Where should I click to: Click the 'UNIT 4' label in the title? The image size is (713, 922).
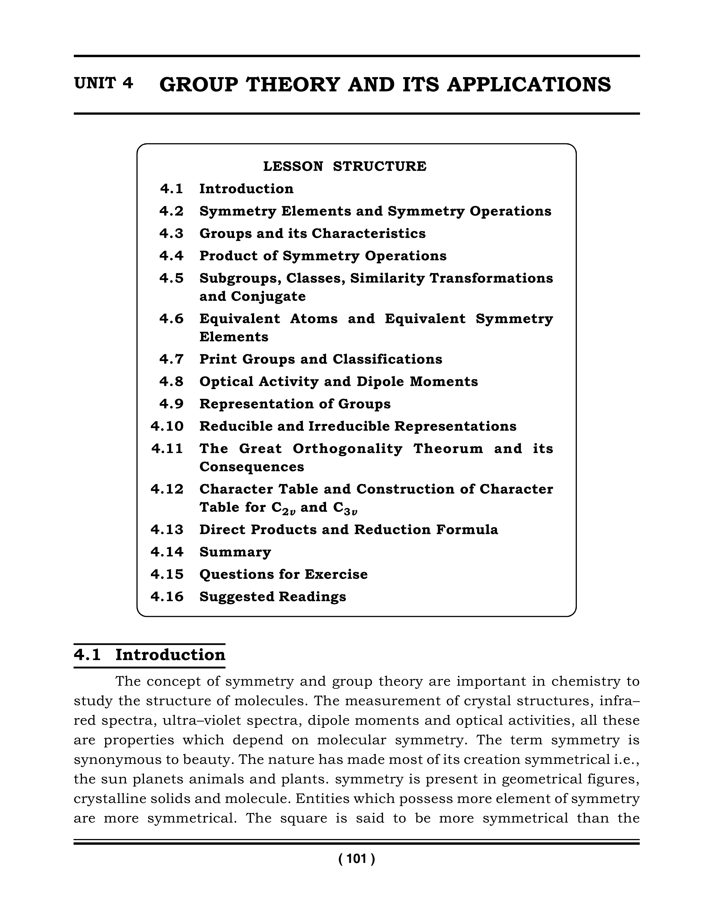coord(103,84)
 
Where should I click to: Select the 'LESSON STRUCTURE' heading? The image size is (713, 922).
coord(345,166)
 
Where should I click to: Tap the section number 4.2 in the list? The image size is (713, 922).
coord(171,211)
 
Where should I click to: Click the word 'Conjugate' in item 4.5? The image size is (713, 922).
coord(268,296)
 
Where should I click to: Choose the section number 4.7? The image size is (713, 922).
coord(171,359)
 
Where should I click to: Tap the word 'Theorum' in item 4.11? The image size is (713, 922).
coord(448,448)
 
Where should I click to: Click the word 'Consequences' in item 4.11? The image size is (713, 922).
coord(252,467)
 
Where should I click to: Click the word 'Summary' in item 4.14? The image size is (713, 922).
coord(235,552)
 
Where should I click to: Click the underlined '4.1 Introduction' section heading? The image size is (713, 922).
coord(150,655)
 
